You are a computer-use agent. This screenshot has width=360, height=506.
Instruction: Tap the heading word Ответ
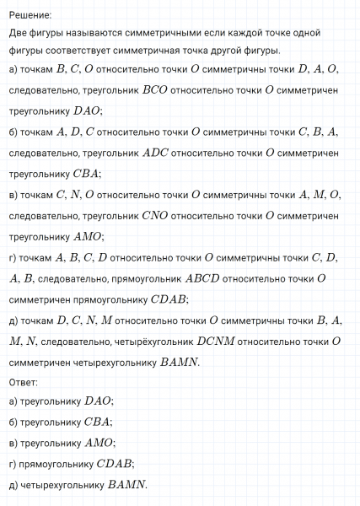(x=23, y=382)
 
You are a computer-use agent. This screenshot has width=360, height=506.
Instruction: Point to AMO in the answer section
(x=99, y=443)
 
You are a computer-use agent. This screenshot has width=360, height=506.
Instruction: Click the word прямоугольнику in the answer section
(x=56, y=463)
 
